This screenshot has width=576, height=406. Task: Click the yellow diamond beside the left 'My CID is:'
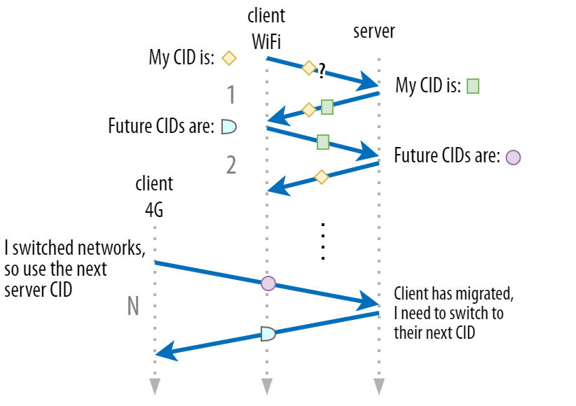[x=228, y=58]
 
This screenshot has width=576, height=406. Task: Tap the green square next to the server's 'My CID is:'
[x=472, y=86]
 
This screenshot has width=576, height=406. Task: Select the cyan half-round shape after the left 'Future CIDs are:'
[x=228, y=127]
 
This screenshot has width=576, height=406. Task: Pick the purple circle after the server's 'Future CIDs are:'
[x=513, y=156]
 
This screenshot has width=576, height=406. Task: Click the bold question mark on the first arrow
[x=322, y=70]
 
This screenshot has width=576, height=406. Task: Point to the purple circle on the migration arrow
[x=268, y=283]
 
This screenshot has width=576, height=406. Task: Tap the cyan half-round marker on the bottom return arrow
[x=268, y=333]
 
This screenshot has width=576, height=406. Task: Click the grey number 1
[x=231, y=94]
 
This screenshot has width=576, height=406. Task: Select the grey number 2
[x=231, y=165]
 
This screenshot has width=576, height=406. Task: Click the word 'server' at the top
[x=373, y=31]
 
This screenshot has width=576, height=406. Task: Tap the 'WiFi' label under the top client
[x=266, y=41]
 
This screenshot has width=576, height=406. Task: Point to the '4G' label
[x=154, y=209]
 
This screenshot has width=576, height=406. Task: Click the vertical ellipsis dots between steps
[x=322, y=241]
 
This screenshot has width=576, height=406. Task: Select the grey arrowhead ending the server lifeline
[x=379, y=386]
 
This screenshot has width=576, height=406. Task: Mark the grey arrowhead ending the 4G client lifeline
[x=155, y=386]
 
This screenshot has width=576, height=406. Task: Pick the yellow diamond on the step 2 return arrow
[x=321, y=177]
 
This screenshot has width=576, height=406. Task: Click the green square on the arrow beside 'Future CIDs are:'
[x=322, y=142]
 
